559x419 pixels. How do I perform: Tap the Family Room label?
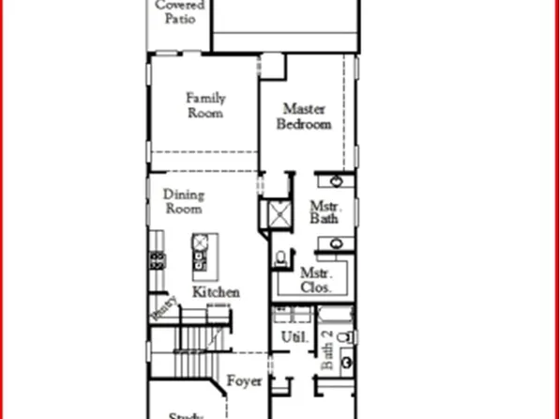coord(204,105)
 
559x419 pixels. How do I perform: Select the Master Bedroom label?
coord(306,116)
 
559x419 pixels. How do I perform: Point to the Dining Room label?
coord(184,203)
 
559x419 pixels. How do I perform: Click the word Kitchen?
coord(216,292)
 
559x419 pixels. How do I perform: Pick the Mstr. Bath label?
coord(325,212)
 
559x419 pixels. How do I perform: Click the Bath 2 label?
coord(327,350)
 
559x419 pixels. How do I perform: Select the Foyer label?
coord(244,381)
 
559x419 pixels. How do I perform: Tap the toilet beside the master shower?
coord(281,256)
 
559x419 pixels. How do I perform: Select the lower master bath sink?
coord(336,246)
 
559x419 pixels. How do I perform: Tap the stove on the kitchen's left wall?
coord(155,259)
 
